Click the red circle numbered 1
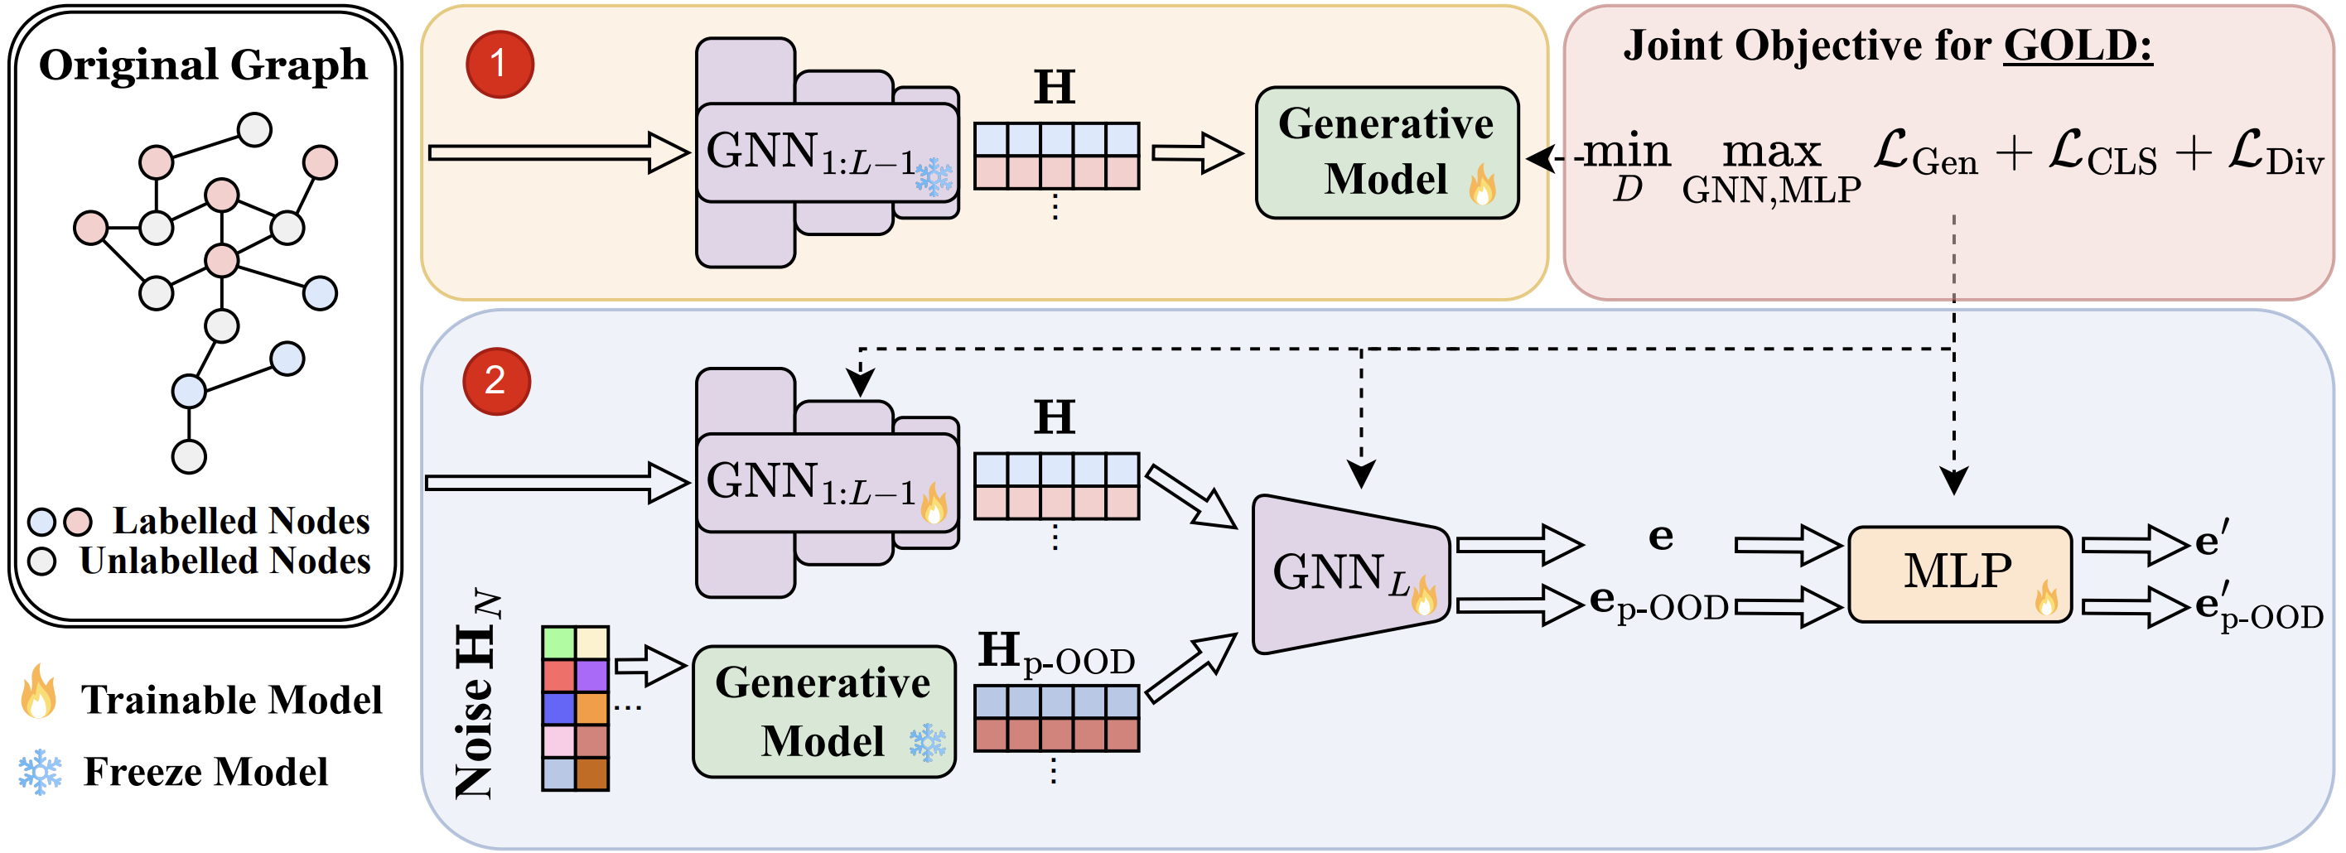(x=499, y=64)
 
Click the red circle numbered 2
(x=496, y=380)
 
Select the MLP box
(x=1959, y=574)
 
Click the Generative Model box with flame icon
(x=1386, y=152)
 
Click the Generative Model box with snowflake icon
(x=823, y=711)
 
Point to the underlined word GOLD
(x=2078, y=46)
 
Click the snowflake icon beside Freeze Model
(x=41, y=772)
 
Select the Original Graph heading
(x=203, y=65)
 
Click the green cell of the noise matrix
(x=558, y=643)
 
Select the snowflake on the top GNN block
(x=934, y=176)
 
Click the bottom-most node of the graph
(x=190, y=456)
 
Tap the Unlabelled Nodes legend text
(x=225, y=561)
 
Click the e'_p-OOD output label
(x=2257, y=608)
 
